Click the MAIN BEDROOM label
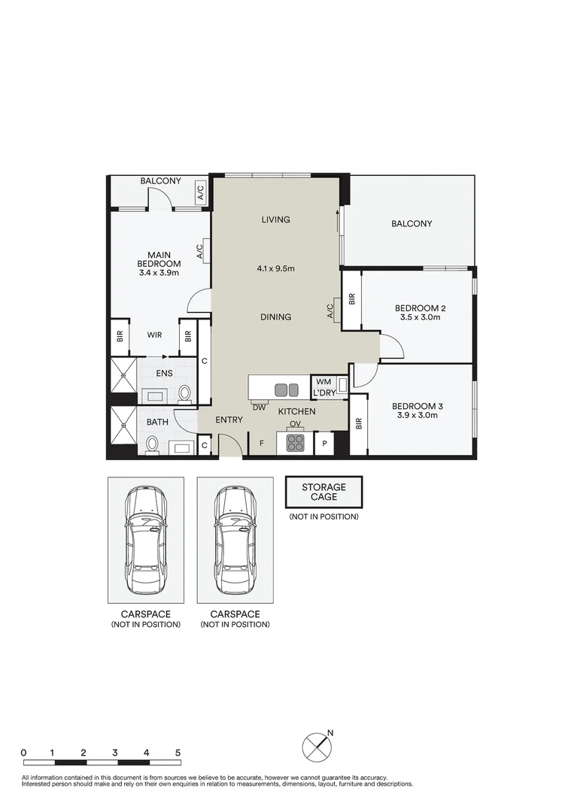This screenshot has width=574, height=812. (x=159, y=259)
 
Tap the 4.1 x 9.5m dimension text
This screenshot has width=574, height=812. (x=275, y=268)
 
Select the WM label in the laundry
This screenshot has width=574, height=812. (x=323, y=382)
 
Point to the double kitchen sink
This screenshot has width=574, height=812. (x=287, y=389)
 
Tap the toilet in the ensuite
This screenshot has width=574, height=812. (x=184, y=394)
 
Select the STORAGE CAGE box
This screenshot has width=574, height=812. (x=323, y=492)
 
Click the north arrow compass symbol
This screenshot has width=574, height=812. (x=317, y=747)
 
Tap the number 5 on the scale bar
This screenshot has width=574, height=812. (x=178, y=753)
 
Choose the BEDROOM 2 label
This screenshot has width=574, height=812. (x=420, y=308)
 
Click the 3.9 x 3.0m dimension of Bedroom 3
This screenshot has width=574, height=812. (x=418, y=415)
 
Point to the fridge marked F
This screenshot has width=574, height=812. (x=262, y=444)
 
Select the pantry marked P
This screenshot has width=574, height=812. (x=325, y=444)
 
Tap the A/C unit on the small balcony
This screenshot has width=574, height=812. (x=200, y=192)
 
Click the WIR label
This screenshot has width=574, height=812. (x=154, y=335)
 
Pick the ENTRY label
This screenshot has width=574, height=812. (x=229, y=420)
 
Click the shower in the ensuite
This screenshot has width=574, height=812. (x=123, y=375)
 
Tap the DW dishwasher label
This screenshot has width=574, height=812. (x=259, y=408)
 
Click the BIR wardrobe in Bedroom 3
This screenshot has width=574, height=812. (x=359, y=424)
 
